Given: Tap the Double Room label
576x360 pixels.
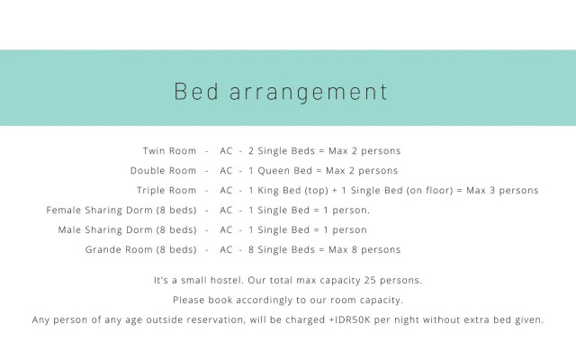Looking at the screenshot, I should (x=163, y=170).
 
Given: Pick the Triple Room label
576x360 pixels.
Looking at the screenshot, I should (x=166, y=190).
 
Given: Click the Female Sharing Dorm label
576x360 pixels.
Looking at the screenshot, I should (x=121, y=210).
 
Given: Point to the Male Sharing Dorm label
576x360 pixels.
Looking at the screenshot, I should (x=127, y=229).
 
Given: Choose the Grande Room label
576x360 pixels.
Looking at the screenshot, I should (x=141, y=249).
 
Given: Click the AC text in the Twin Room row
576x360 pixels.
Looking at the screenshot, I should (x=227, y=150).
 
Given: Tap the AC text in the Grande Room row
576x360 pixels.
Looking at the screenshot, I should (x=227, y=249).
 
